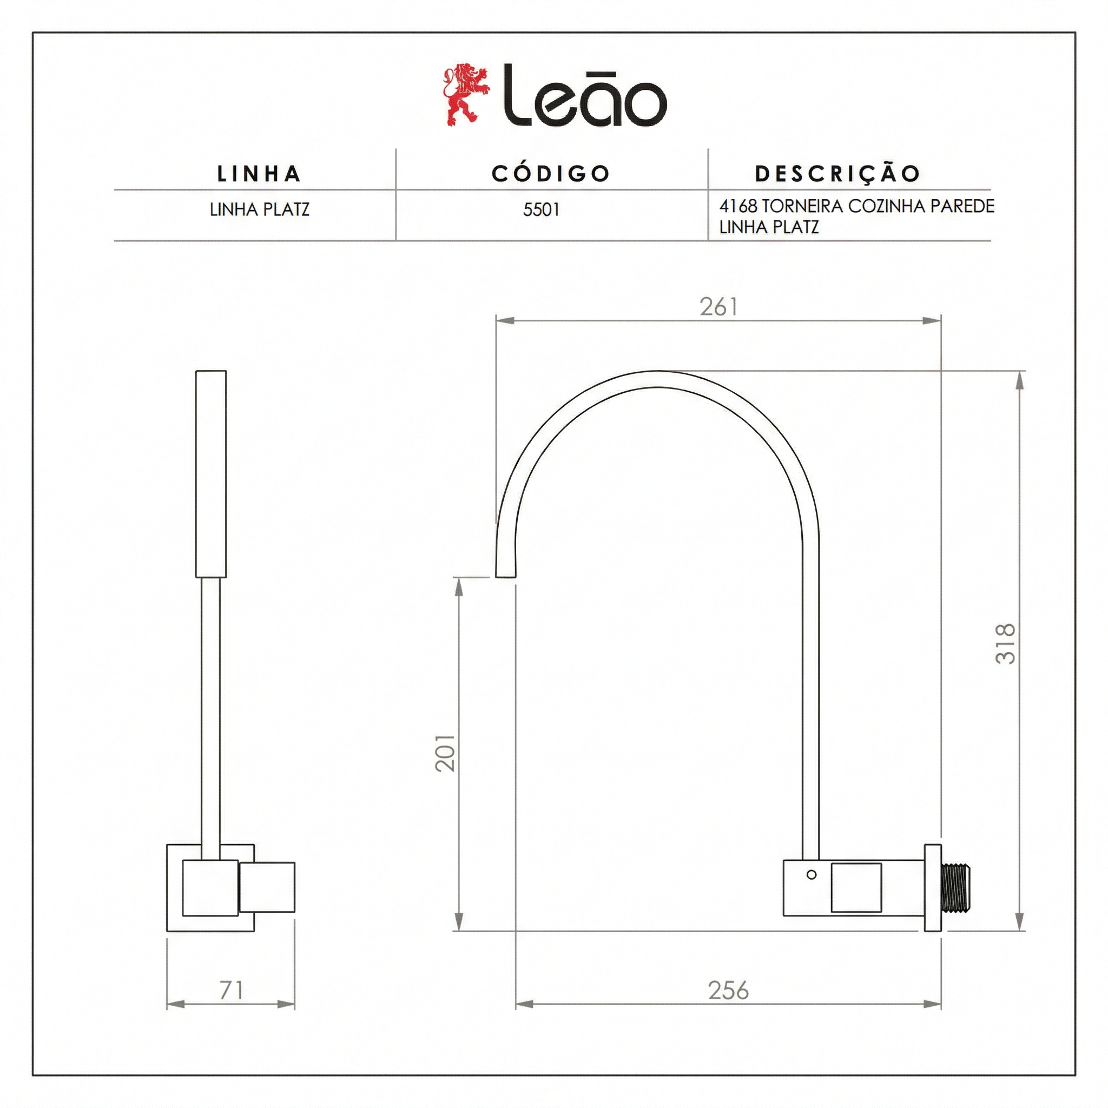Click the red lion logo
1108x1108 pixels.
pos(467,95)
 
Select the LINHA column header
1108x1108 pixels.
pos(259,174)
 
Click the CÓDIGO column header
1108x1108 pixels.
pos(551,173)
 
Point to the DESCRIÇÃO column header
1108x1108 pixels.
pos(838,173)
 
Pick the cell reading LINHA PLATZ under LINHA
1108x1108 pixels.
pos(260,210)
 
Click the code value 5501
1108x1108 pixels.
pos(542,210)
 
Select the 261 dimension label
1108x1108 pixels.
pos(718,307)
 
